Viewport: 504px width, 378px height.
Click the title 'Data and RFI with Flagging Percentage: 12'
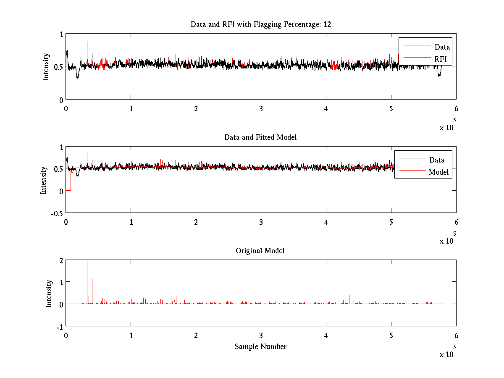261,24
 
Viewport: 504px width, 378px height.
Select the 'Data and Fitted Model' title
261,137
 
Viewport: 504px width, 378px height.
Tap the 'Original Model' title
260,251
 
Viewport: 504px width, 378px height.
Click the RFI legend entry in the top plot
441,59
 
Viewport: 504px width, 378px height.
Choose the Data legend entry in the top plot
442,47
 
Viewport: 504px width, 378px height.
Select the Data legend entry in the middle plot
437,160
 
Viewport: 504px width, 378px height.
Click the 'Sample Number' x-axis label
260,346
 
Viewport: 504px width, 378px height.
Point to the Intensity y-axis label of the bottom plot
49,294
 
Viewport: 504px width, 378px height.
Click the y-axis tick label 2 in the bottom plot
61,260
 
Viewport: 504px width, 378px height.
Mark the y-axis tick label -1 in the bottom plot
59,327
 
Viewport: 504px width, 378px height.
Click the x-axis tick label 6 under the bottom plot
456,336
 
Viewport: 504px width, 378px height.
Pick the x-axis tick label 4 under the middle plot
326,222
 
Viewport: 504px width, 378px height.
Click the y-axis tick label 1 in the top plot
61,34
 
